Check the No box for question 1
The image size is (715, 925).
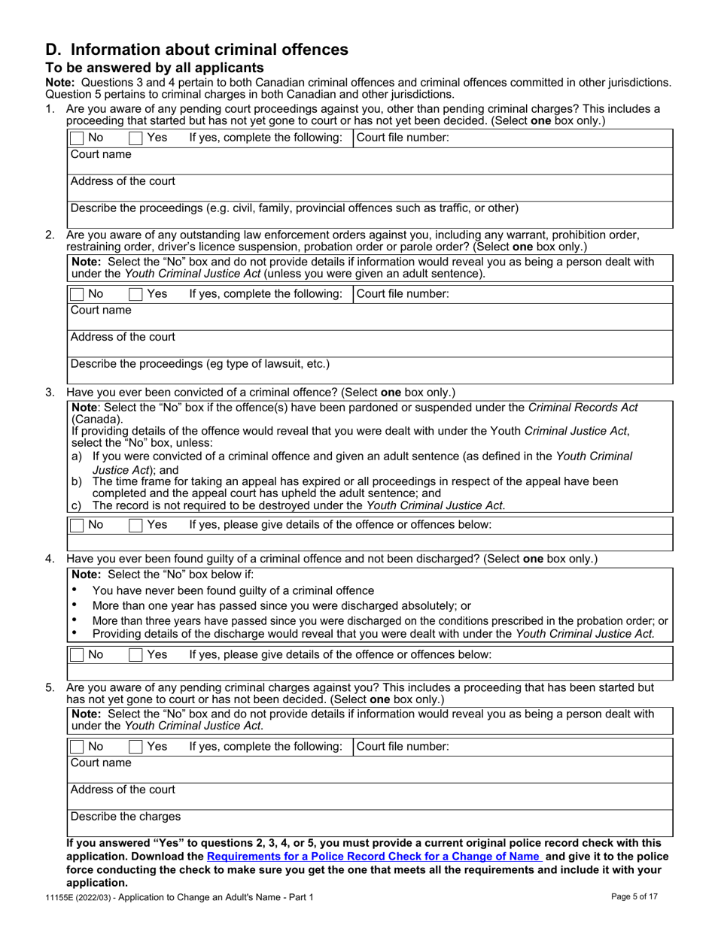point(77,138)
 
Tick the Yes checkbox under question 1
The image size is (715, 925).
point(135,138)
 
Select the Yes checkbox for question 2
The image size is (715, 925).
point(135,294)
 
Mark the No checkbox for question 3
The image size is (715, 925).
point(77,525)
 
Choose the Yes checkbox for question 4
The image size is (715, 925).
point(135,655)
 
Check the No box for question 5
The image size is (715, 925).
point(77,747)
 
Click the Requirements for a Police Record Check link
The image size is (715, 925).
point(373,857)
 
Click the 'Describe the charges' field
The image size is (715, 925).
point(369,823)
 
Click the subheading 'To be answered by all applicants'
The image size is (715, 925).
point(155,68)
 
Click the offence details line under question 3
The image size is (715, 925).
point(369,542)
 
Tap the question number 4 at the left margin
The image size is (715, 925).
point(50,559)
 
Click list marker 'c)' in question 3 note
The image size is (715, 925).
point(76,505)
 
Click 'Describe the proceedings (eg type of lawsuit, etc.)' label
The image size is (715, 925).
point(200,364)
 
